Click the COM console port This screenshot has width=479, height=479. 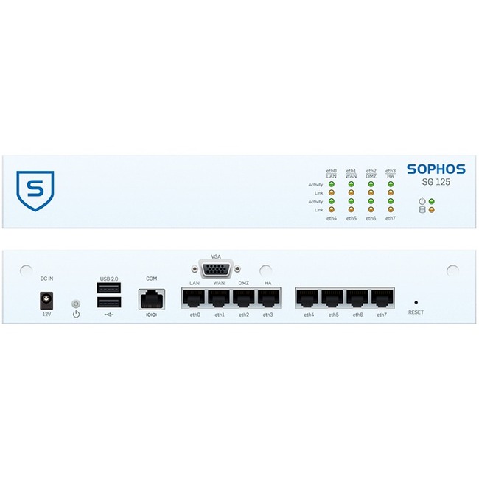coord(152,298)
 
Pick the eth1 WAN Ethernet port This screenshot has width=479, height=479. coord(220,298)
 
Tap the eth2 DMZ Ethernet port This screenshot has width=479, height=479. coord(244,298)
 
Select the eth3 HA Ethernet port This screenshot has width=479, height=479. coord(268,298)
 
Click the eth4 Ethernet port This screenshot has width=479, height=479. coord(309,298)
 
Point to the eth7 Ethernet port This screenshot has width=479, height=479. coord(382,298)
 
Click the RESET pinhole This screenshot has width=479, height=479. coord(416,301)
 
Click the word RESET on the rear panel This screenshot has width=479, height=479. coord(416,313)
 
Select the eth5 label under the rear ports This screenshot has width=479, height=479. coord(333,315)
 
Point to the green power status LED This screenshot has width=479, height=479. coord(432,200)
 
